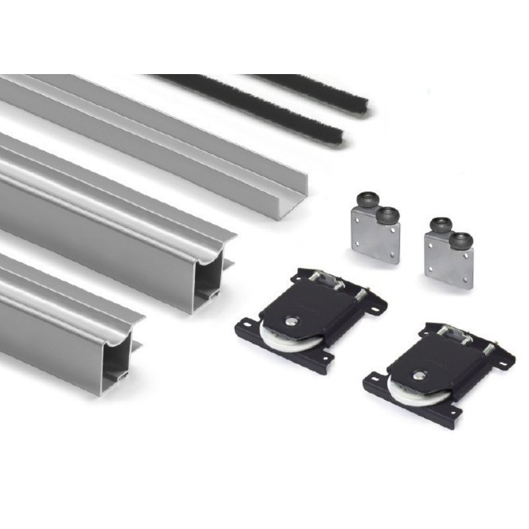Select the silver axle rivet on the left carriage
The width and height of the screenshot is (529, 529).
coord(291,321)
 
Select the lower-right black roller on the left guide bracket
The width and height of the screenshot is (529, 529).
coord(387,215)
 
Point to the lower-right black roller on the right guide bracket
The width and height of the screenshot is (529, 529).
coord(461,239)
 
